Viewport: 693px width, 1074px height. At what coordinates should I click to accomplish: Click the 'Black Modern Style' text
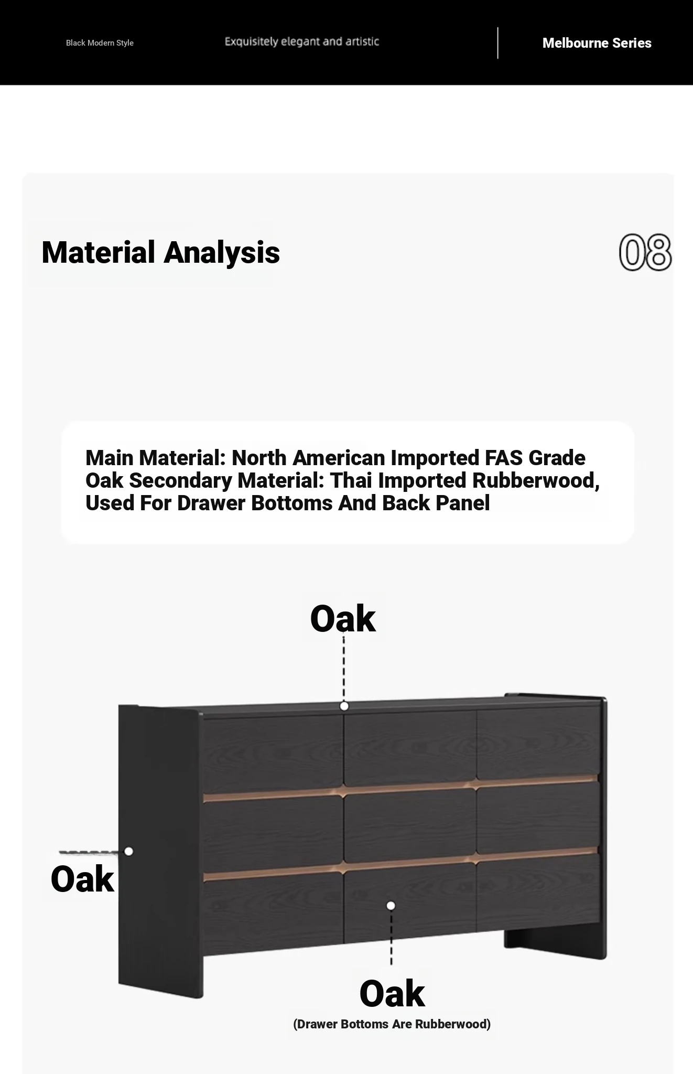100,43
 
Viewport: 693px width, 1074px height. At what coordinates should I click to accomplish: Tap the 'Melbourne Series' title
597,43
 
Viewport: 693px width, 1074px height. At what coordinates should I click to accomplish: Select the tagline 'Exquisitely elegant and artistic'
302,41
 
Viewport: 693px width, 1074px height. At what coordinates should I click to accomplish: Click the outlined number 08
645,252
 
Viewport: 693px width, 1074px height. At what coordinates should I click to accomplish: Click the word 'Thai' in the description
350,480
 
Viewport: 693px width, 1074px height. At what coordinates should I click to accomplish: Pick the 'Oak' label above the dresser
343,619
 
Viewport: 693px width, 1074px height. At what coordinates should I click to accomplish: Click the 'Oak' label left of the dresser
82,879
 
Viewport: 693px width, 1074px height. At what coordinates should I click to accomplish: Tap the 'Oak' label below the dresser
392,993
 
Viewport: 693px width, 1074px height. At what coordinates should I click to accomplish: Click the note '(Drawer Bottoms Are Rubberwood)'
392,1024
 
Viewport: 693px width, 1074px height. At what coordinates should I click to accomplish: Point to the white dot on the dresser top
344,706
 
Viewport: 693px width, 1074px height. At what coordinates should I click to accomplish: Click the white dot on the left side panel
128,851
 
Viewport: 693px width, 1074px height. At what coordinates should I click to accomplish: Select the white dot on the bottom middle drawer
391,906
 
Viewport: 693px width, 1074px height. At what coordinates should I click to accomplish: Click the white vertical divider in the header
497,43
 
